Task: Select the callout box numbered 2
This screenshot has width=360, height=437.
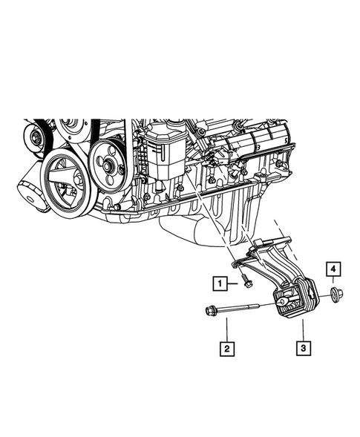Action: click(223, 346)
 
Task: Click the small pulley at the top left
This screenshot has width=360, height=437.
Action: click(33, 137)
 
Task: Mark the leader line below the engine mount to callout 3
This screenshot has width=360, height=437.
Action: click(302, 331)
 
